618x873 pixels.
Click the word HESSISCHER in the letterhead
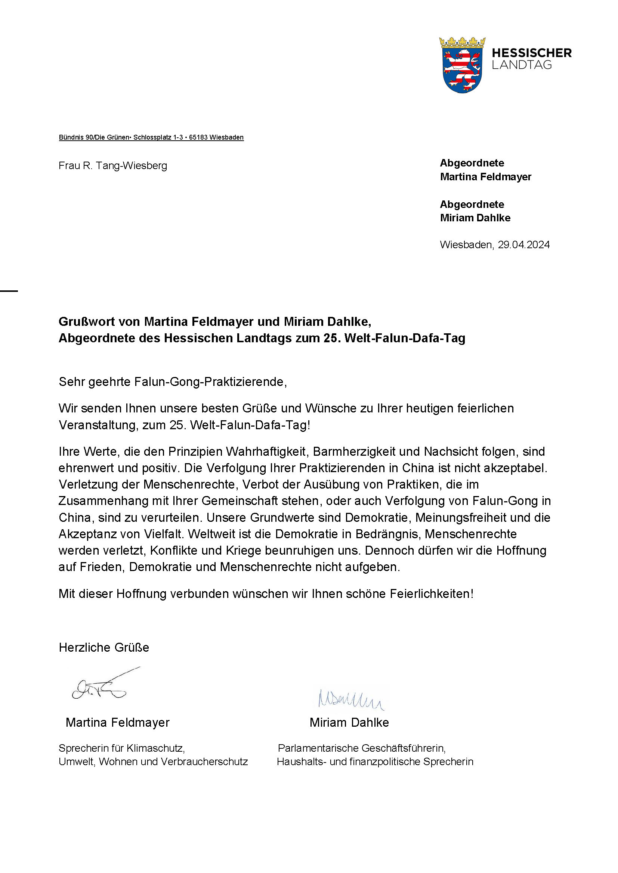(x=532, y=53)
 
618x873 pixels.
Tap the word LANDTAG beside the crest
(x=521, y=65)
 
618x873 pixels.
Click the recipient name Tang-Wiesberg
(x=131, y=166)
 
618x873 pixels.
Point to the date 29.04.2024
(x=523, y=244)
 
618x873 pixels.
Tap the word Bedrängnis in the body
(x=388, y=534)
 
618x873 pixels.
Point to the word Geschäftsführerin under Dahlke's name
(x=403, y=748)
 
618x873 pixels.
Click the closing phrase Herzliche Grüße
(x=104, y=647)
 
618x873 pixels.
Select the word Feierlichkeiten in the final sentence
(x=431, y=593)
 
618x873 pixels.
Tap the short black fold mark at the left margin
(x=9, y=291)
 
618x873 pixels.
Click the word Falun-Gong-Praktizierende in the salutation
(x=210, y=381)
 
